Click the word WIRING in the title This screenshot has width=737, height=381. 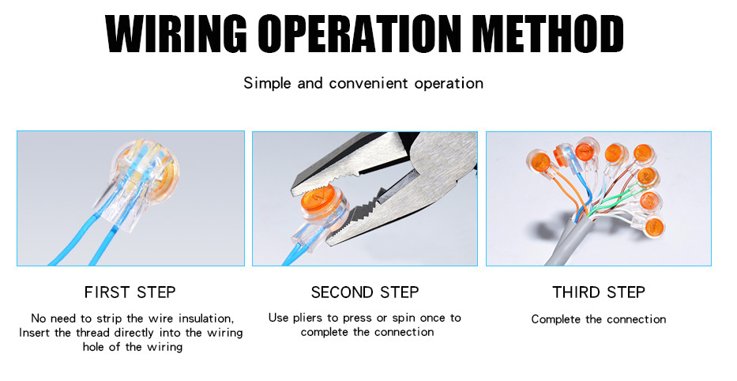(x=176, y=34)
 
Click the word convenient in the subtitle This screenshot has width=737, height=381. (x=368, y=83)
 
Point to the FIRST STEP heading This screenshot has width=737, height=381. (x=130, y=292)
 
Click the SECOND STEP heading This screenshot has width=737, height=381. (x=365, y=292)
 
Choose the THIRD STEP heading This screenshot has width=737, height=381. (x=598, y=292)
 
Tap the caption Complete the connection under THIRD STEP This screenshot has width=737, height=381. (x=598, y=319)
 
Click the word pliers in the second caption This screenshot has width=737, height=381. (x=308, y=319)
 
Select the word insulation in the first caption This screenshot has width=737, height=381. (x=205, y=319)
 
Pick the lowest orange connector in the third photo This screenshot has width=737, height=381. (x=654, y=227)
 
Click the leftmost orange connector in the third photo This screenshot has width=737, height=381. (x=539, y=161)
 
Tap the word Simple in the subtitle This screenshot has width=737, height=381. (x=268, y=83)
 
